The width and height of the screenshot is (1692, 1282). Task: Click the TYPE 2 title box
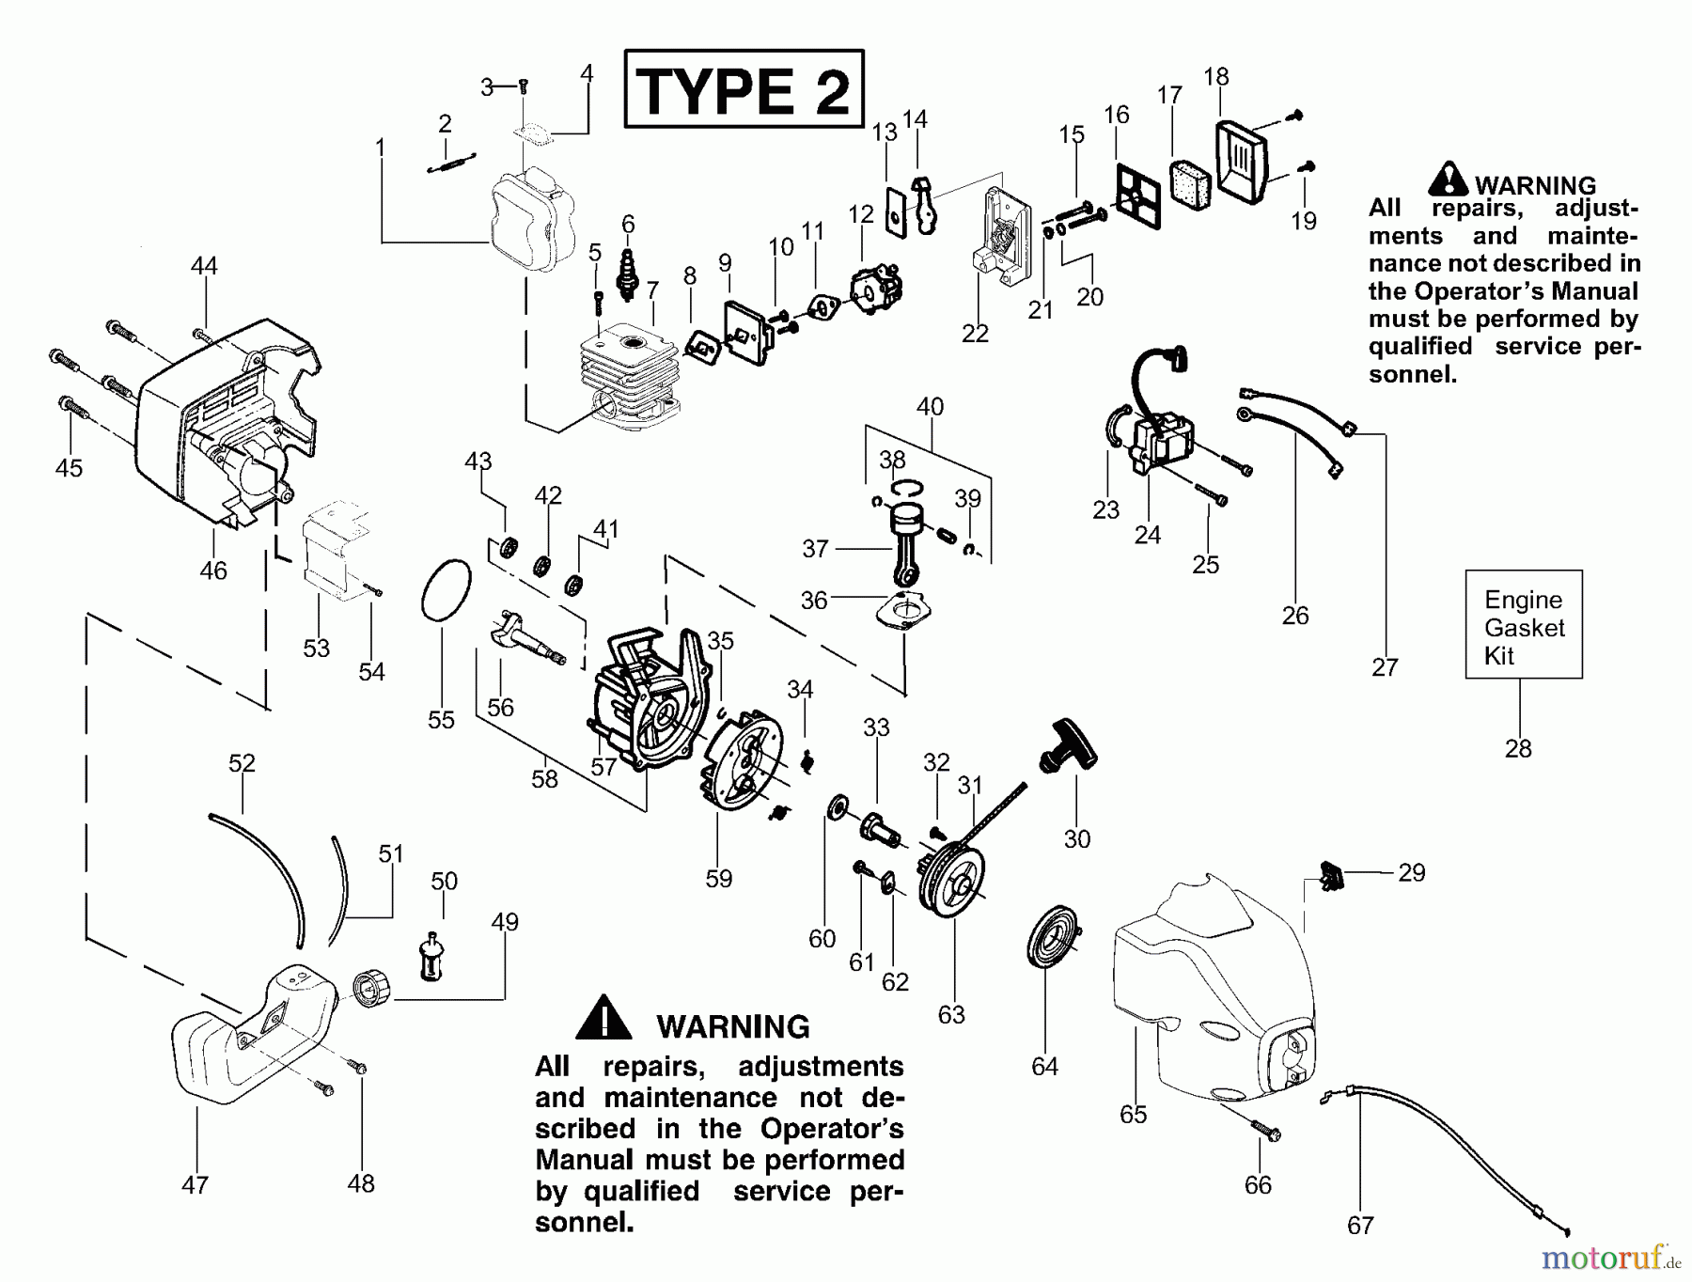(744, 89)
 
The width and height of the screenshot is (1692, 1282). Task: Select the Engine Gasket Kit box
(1524, 625)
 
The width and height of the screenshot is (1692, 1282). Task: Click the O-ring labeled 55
(445, 590)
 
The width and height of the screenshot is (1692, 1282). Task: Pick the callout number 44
(204, 266)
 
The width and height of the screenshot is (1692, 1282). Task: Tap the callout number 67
(1360, 1226)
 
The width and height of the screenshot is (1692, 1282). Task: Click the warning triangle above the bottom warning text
(603, 1018)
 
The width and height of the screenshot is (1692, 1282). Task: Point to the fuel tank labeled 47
(254, 1034)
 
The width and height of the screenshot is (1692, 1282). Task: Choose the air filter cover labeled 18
(1242, 160)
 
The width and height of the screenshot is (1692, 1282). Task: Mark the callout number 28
(1518, 749)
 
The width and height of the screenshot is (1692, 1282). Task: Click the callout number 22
(975, 334)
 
